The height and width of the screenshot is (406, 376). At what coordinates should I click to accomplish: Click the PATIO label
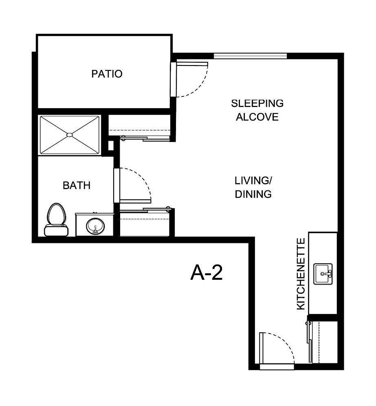tap(107, 74)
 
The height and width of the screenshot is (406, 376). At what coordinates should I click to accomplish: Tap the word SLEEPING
tap(257, 103)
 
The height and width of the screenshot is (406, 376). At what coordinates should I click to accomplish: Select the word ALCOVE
tap(257, 117)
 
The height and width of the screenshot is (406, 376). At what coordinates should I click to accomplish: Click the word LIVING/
tap(253, 180)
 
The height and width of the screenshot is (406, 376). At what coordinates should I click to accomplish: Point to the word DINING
tap(253, 194)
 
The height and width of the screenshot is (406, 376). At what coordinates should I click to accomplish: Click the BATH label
tap(77, 186)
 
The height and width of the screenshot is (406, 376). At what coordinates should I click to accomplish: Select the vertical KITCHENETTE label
tap(301, 274)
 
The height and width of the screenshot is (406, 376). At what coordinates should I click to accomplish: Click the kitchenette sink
tap(323, 273)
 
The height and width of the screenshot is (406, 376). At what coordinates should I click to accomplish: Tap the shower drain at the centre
tap(69, 135)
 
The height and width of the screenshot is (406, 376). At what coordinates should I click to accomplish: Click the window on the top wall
tap(250, 56)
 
